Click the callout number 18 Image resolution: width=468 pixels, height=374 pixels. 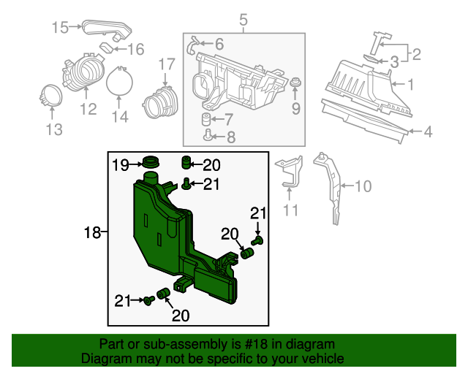[x=92, y=233]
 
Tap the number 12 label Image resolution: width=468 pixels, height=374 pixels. [x=88, y=109]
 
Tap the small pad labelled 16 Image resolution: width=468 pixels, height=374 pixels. [x=107, y=50]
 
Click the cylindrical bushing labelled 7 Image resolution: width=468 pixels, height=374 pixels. [x=206, y=118]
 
